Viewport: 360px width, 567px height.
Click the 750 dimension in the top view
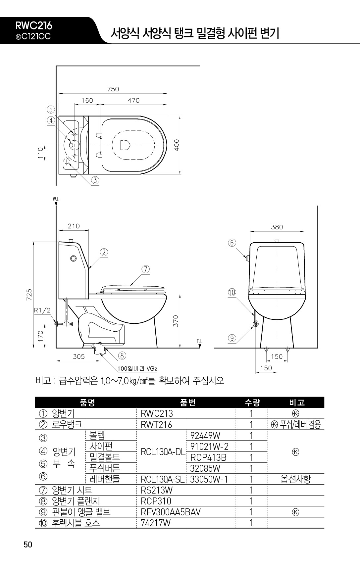[113, 89]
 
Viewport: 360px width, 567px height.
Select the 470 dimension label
[133, 101]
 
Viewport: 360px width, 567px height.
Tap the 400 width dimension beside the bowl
[177, 145]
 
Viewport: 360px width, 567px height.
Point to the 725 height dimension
[29, 295]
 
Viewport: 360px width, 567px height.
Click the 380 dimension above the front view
[277, 227]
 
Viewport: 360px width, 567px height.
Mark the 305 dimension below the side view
[79, 356]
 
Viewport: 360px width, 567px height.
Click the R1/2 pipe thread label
[43, 310]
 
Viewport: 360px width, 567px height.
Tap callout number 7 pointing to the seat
[145, 269]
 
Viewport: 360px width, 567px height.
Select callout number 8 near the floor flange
[122, 355]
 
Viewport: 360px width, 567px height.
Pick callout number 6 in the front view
[232, 243]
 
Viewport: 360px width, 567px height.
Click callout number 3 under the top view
[95, 180]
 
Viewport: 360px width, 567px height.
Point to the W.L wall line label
[56, 200]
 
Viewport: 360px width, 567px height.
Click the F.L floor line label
[200, 341]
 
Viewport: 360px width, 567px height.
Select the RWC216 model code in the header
[34, 25]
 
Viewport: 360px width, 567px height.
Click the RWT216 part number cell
[156, 424]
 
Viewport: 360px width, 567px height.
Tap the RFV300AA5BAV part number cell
[171, 512]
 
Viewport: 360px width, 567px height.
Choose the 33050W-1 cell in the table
[209, 479]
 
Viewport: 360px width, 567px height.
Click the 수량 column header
[252, 402]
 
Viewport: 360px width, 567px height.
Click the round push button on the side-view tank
[74, 259]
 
